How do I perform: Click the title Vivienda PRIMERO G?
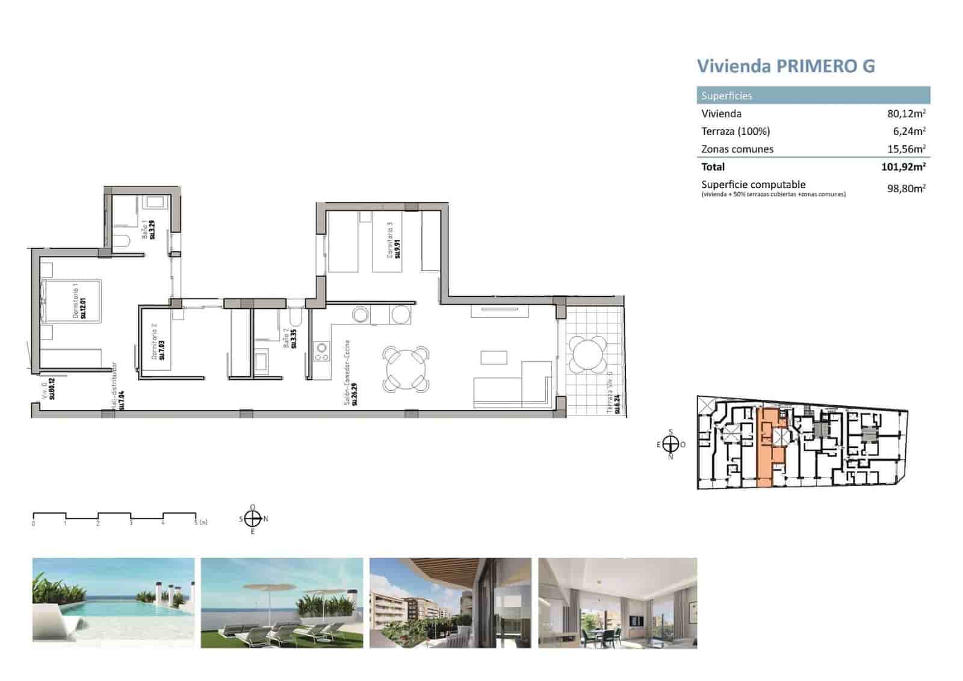point(785,66)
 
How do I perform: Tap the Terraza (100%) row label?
point(735,131)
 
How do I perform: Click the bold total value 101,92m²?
point(903,167)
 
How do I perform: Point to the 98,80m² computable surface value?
point(906,188)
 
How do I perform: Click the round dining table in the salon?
point(406,367)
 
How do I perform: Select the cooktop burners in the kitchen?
point(321,352)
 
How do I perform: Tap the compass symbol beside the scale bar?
point(253,518)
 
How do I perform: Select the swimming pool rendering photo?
point(113,602)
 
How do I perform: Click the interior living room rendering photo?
point(617,602)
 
